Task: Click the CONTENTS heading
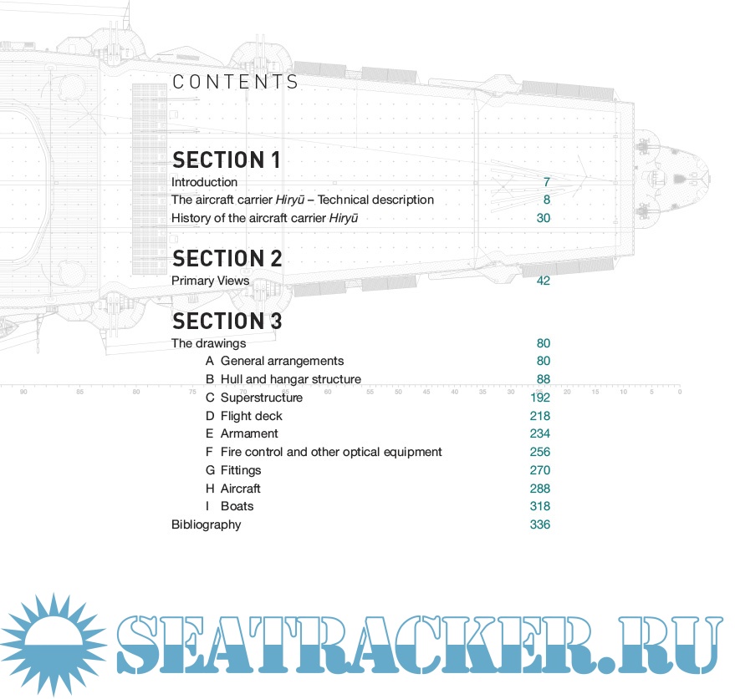(x=235, y=82)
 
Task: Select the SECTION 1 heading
(x=226, y=160)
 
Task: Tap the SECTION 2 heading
(x=227, y=258)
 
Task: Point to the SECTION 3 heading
(x=227, y=321)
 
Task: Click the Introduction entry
(x=204, y=182)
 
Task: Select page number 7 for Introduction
(x=546, y=182)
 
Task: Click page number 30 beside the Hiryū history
(x=543, y=218)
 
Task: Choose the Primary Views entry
(x=210, y=281)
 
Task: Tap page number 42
(x=543, y=281)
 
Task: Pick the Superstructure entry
(x=261, y=398)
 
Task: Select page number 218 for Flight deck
(x=539, y=416)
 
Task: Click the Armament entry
(x=249, y=433)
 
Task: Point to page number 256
(x=539, y=452)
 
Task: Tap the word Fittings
(x=241, y=470)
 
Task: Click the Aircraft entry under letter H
(x=241, y=489)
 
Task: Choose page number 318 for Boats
(x=539, y=506)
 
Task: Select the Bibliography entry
(x=206, y=524)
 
